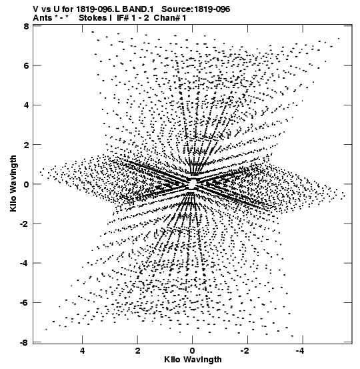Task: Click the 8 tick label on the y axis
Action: (26, 27)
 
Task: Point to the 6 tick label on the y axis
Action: (26, 65)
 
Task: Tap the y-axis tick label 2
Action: (26, 145)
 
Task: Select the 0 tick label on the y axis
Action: (26, 184)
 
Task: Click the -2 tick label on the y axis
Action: (24, 224)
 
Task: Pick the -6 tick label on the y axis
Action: (24, 303)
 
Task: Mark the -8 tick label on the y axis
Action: (24, 342)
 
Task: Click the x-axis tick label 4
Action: (82, 351)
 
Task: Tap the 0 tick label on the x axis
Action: (193, 351)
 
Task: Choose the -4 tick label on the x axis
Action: (300, 351)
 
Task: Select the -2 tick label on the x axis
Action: (245, 351)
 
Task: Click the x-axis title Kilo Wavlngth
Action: (193, 360)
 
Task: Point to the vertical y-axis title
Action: (13, 183)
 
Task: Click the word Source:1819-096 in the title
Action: (196, 9)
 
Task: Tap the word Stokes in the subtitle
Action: (93, 18)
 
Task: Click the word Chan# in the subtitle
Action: (167, 18)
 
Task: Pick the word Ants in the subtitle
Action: (43, 18)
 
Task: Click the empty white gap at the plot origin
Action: (193, 183)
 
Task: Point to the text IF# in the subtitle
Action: (123, 18)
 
